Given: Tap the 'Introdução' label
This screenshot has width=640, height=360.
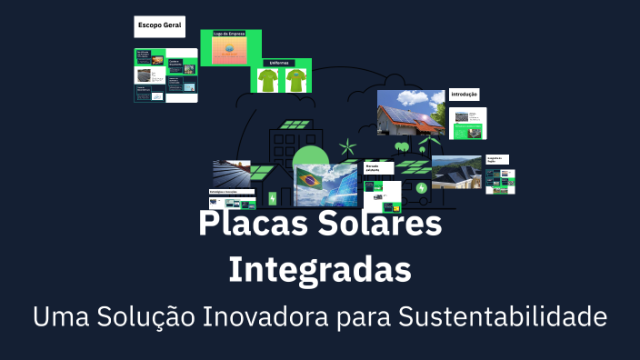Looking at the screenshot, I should tap(464, 94).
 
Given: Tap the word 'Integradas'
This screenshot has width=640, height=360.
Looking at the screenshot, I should tap(319, 269).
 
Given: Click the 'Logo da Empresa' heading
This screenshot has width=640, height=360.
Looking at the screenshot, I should tap(229, 34).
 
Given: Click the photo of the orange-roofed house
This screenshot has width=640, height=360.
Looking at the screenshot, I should tap(411, 113).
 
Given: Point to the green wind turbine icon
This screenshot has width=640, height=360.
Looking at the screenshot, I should tap(345, 146).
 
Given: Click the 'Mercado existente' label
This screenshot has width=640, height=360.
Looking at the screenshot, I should tap(378, 168).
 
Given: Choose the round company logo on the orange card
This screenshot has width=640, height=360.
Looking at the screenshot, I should tap(229, 50).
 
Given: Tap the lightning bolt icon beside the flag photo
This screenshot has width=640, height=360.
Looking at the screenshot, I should tap(421, 188).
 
